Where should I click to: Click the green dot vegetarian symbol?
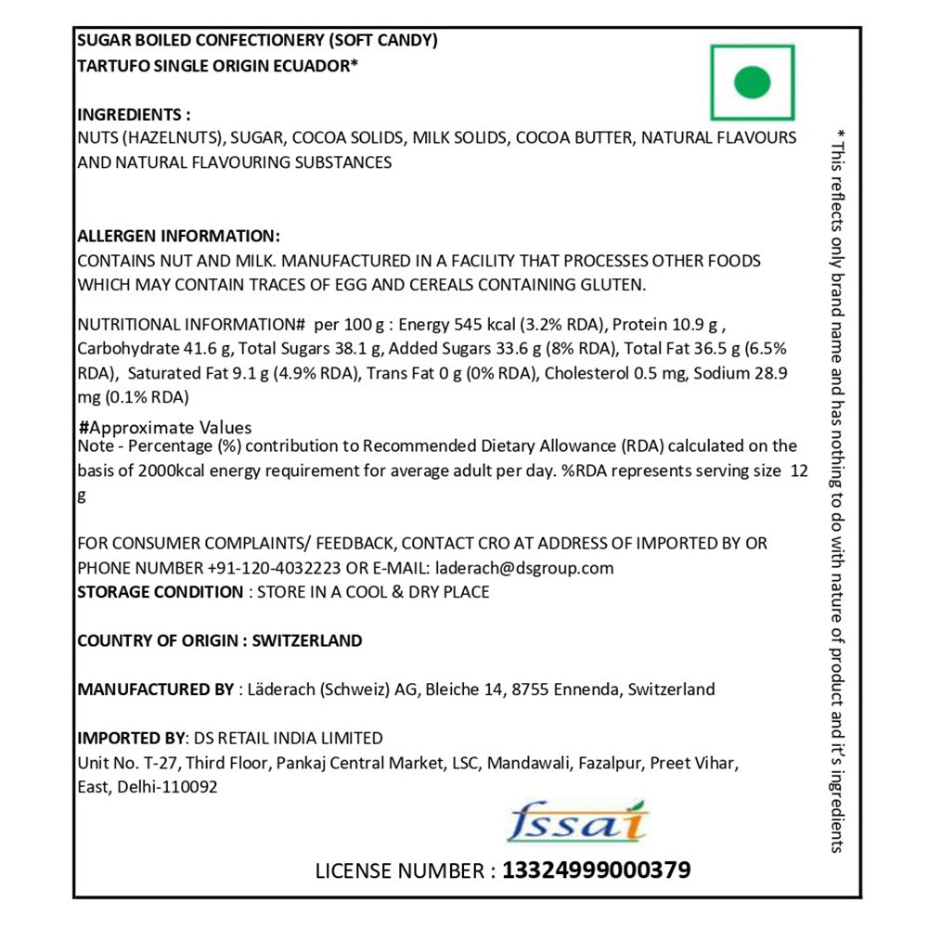point(753,82)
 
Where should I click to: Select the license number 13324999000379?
point(596,870)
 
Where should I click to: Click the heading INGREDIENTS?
point(134,115)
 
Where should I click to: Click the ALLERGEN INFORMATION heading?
point(178,236)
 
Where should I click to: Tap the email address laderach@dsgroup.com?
point(521,568)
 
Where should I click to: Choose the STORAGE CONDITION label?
point(160,592)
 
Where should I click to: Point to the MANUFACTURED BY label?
point(155,689)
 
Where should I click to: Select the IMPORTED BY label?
point(131,739)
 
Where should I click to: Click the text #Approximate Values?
point(165,428)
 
